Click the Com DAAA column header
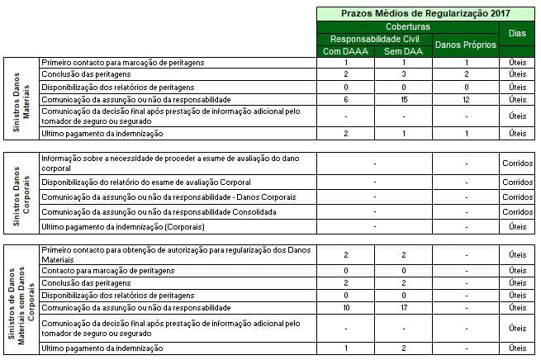tap(344, 51)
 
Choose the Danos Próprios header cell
tap(466, 45)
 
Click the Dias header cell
tap(517, 33)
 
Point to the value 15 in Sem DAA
tap(404, 98)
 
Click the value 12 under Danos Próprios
tap(466, 98)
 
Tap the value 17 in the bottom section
tap(404, 307)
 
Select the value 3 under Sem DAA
tap(404, 74)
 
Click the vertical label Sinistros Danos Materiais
tap(21, 98)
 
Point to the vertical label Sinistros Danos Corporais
tap(21, 192)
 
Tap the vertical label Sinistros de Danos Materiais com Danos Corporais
tap(21, 300)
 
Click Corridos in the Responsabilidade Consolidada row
tap(517, 212)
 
